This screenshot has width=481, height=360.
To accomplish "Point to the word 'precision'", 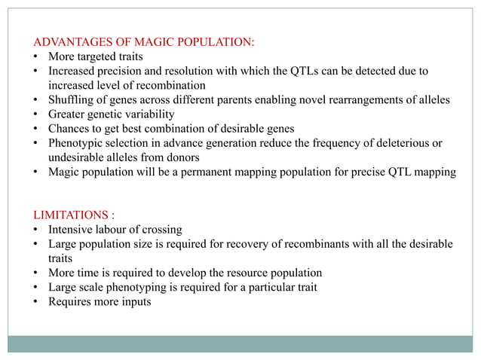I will (x=119, y=71).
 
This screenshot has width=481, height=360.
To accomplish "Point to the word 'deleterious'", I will (x=399, y=143).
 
